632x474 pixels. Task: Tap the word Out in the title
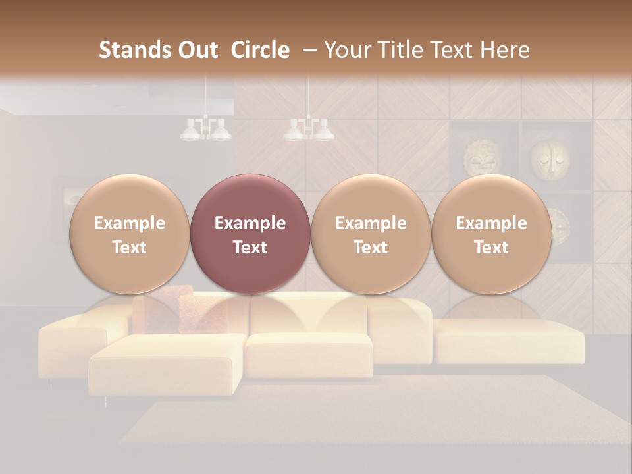click(197, 50)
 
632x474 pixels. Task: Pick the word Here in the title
click(506, 50)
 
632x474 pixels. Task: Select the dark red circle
click(250, 234)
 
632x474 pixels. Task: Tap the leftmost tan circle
click(129, 234)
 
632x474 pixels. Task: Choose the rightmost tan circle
click(491, 234)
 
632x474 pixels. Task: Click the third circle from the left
click(371, 234)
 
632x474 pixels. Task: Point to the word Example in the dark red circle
click(250, 223)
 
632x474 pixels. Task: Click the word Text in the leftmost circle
click(129, 248)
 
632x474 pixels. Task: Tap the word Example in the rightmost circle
click(491, 223)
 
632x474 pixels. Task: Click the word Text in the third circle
click(371, 248)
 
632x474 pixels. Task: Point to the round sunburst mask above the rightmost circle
click(482, 158)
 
